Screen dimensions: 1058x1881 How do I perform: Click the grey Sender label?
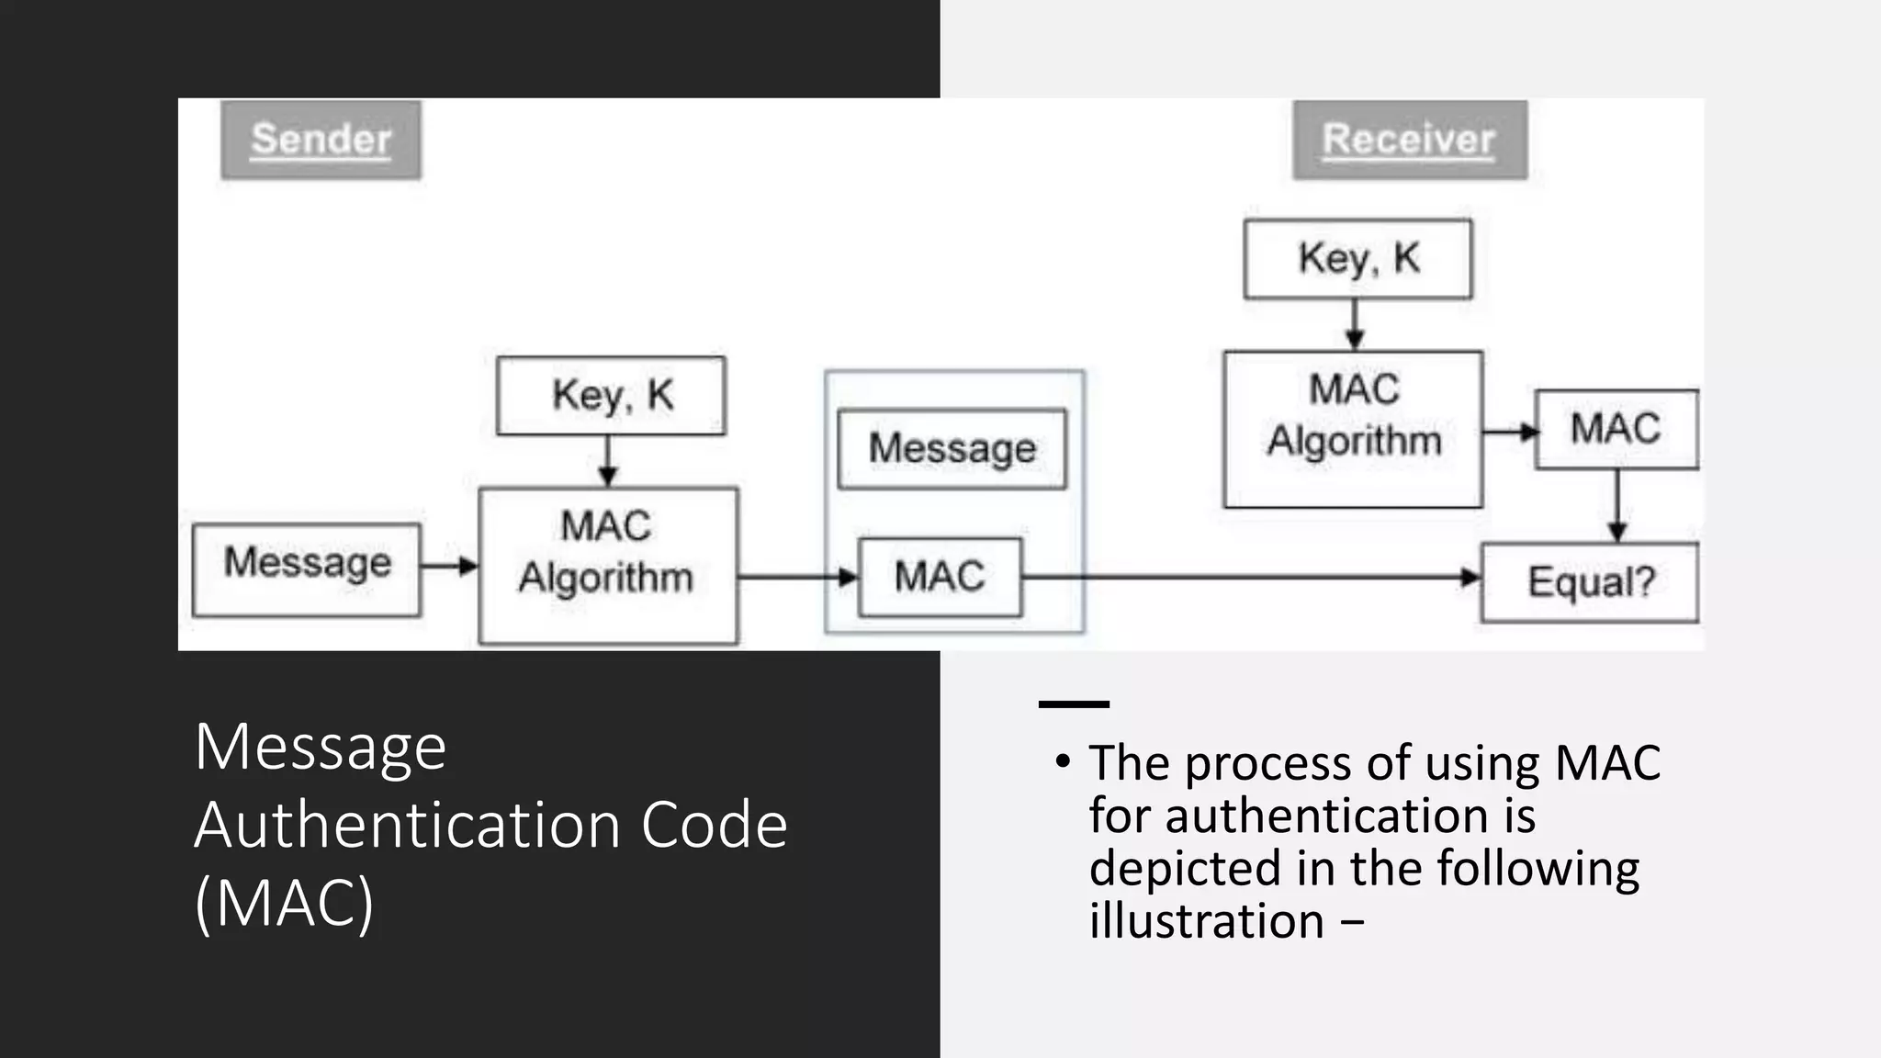pyautogui.click(x=321, y=140)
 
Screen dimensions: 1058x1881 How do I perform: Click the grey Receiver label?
pyautogui.click(x=1409, y=140)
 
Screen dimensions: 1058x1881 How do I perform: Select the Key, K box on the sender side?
pyautogui.click(x=611, y=396)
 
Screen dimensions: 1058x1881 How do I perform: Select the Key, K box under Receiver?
pyautogui.click(x=1357, y=259)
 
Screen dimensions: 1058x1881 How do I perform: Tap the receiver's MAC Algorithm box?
pyautogui.click(x=1353, y=428)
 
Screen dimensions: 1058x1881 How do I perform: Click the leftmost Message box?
pyautogui.click(x=307, y=569)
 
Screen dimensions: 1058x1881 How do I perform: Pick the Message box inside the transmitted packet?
pyautogui.click(x=952, y=449)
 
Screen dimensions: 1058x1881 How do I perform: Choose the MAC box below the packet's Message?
pyautogui.click(x=940, y=577)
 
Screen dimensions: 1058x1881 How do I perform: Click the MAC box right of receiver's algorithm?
pyautogui.click(x=1616, y=429)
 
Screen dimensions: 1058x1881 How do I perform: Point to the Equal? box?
pyautogui.click(x=1590, y=582)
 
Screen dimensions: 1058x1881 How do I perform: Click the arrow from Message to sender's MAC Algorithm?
pyautogui.click(x=449, y=566)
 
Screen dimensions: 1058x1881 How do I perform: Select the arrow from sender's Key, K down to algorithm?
pyautogui.click(x=607, y=460)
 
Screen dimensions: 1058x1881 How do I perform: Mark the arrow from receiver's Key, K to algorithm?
pyautogui.click(x=1355, y=324)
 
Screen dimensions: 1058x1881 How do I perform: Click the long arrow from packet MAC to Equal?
pyautogui.click(x=1249, y=578)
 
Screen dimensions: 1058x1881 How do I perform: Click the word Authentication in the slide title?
pyautogui.click(x=411, y=824)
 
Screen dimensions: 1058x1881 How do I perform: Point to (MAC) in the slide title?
pyautogui.click(x=284, y=903)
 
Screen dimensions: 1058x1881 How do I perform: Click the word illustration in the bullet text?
pyautogui.click(x=1206, y=920)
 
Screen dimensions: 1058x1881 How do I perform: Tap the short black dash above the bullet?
pyautogui.click(x=1074, y=704)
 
